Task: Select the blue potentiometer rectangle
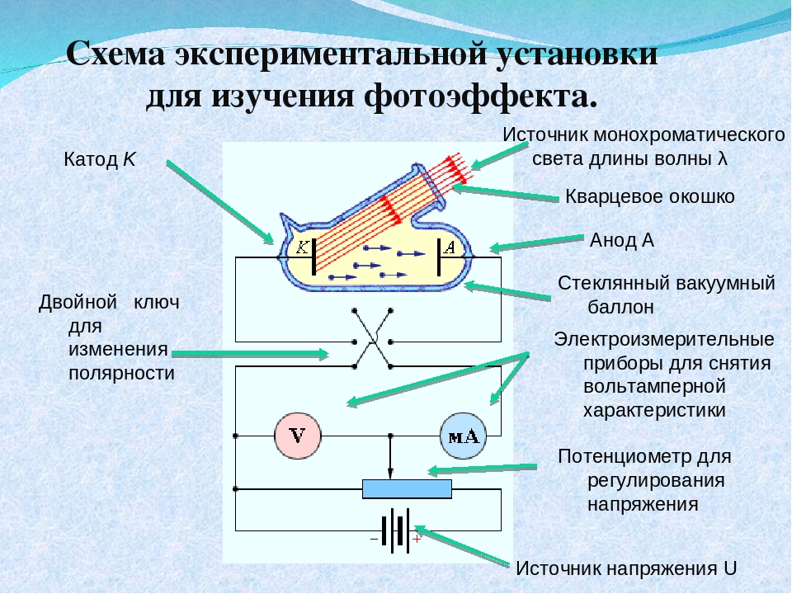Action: (408, 488)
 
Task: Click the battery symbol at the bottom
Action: (395, 528)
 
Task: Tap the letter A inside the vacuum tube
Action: (450, 247)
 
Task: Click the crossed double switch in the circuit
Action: (373, 338)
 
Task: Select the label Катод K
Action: (99, 160)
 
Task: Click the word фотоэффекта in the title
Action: (478, 97)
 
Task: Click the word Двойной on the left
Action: (77, 302)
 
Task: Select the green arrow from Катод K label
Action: (219, 201)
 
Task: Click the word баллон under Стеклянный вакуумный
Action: (620, 307)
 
